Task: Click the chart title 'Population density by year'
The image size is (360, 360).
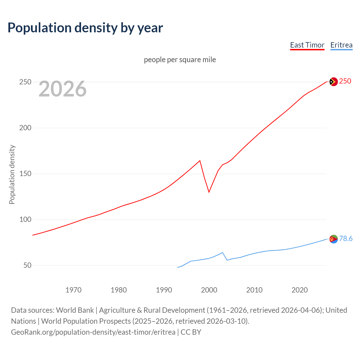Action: [x=85, y=28]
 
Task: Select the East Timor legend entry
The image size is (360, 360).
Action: [x=307, y=45]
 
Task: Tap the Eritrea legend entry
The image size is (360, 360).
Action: [x=341, y=45]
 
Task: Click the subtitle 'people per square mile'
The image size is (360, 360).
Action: [x=180, y=60]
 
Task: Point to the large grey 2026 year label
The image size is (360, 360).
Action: [x=62, y=89]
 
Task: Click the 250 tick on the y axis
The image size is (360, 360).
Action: [x=25, y=82]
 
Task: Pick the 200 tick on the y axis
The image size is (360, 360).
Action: [x=25, y=128]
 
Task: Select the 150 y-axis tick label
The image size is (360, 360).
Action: [x=25, y=174]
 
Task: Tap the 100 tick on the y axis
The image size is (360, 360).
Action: [x=25, y=220]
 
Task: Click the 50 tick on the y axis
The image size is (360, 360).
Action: [x=27, y=265]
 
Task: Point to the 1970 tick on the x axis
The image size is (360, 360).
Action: [x=73, y=290]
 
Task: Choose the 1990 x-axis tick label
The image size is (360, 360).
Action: [x=164, y=290]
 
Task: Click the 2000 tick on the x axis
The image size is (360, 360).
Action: [x=209, y=290]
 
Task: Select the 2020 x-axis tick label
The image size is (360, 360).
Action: [x=300, y=290]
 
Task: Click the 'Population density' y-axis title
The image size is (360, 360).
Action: [x=12, y=174]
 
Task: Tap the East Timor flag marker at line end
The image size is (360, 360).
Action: [x=333, y=82]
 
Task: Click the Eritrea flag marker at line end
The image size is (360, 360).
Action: [x=333, y=239]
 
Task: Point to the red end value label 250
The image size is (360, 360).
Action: [x=345, y=81]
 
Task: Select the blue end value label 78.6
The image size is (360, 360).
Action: [x=346, y=239]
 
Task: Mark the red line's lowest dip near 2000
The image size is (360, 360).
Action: [x=209, y=192]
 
